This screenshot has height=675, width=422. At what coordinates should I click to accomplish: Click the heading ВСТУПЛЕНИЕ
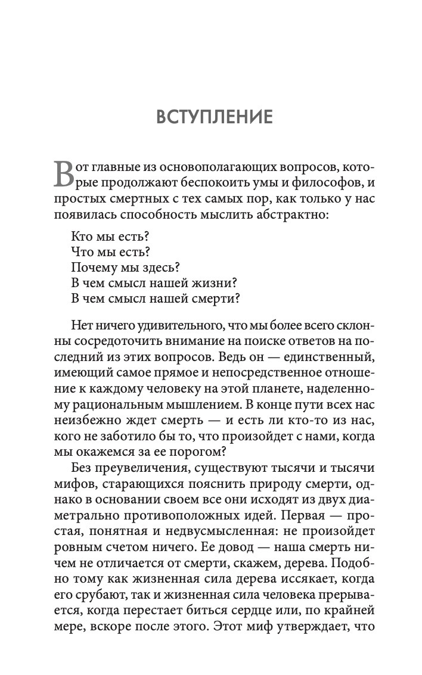click(213, 117)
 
